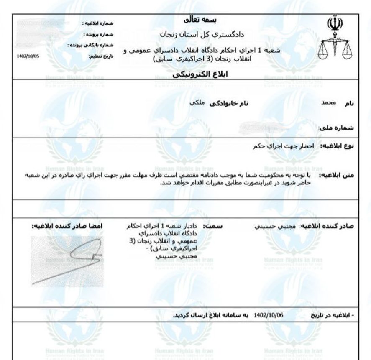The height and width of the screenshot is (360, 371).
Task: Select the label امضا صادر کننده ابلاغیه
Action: pos(69,226)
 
